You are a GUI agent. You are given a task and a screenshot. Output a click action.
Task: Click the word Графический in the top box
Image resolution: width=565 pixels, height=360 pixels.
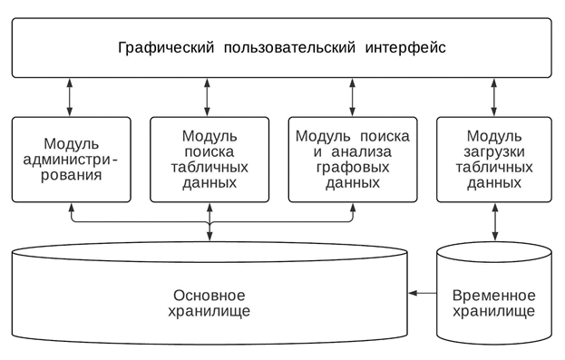pos(161,46)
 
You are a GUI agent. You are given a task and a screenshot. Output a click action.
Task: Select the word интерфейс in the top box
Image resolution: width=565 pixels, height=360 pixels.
pos(404,46)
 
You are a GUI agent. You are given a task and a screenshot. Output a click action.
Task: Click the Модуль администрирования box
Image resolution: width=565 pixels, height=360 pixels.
pos(71,159)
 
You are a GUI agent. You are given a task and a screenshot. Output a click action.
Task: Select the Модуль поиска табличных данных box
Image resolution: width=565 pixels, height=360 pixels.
pos(209,159)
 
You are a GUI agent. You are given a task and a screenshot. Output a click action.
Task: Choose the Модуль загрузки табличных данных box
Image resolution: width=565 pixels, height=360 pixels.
pos(493,159)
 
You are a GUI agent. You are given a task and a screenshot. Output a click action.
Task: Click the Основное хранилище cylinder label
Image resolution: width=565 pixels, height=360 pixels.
pos(209,303)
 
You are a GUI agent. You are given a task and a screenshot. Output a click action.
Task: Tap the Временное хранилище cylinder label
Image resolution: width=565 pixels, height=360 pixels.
pos(493,303)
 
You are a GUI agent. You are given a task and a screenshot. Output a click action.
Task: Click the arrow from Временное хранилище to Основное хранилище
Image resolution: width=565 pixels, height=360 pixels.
pos(422,293)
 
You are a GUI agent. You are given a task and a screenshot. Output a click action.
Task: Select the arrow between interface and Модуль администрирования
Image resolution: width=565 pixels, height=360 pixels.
pos(71,97)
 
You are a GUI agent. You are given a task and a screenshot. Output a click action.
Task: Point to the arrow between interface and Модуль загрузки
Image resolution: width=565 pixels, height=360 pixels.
pos(493,97)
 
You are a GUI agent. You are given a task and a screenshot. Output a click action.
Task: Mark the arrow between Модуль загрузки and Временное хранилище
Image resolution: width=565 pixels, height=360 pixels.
pos(493,222)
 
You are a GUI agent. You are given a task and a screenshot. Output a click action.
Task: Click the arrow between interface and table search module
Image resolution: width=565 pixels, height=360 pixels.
pos(209,97)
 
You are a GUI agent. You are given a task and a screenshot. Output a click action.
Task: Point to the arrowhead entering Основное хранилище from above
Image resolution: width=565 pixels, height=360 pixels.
pos(209,237)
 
